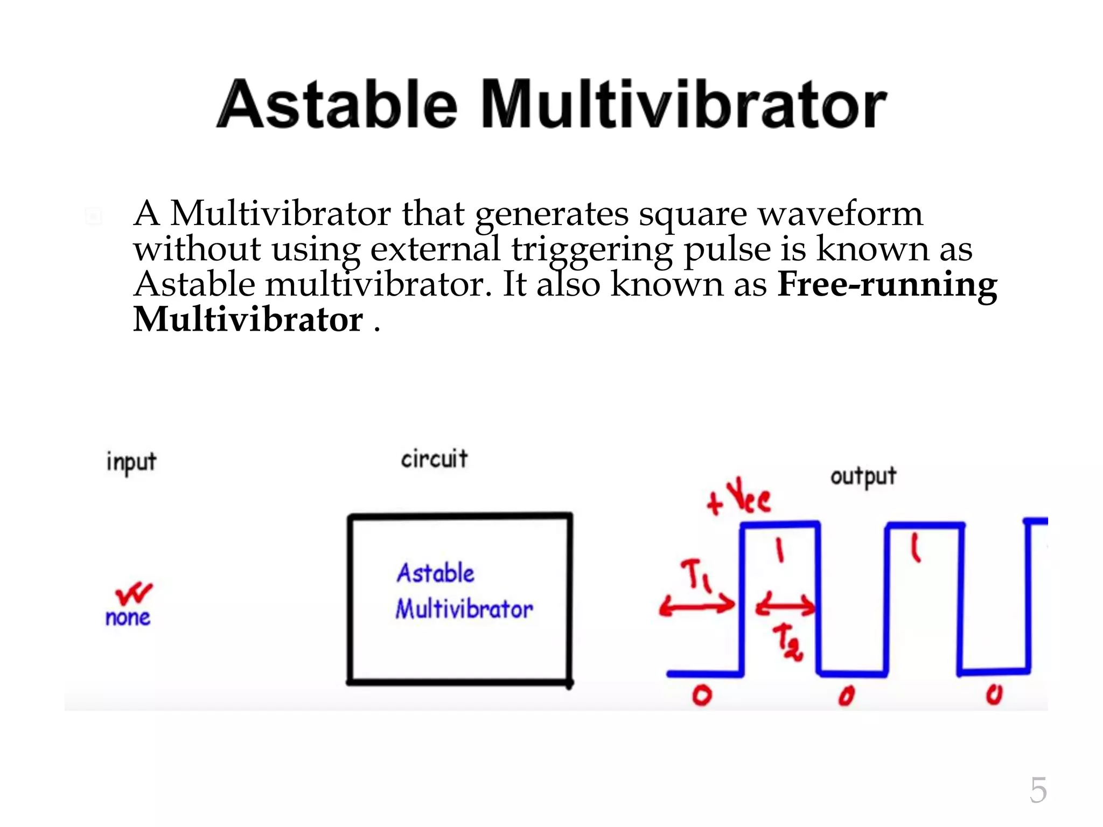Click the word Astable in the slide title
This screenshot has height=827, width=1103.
(x=337, y=104)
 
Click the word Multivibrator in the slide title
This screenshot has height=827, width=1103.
(x=684, y=104)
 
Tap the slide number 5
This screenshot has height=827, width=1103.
(x=1038, y=790)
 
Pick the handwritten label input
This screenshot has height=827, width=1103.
(x=131, y=462)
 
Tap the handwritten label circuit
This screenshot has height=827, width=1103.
(x=434, y=459)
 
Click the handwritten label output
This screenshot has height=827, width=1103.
(x=863, y=476)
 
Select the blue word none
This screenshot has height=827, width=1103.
(x=128, y=618)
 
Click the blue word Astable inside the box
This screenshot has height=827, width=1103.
(x=436, y=573)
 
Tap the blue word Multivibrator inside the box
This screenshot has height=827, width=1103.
(x=464, y=609)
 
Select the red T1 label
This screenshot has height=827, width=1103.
(x=696, y=574)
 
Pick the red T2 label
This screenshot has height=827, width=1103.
(x=787, y=642)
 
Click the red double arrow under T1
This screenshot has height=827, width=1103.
(x=697, y=606)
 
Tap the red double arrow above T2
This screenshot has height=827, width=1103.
(x=786, y=606)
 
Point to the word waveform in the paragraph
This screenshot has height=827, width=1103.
(x=840, y=214)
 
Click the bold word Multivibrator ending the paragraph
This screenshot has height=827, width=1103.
(x=248, y=320)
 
